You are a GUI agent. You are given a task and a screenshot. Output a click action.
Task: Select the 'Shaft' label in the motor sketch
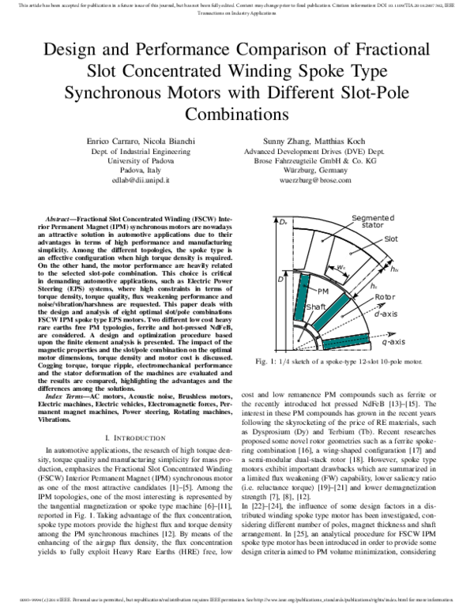(293, 306)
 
